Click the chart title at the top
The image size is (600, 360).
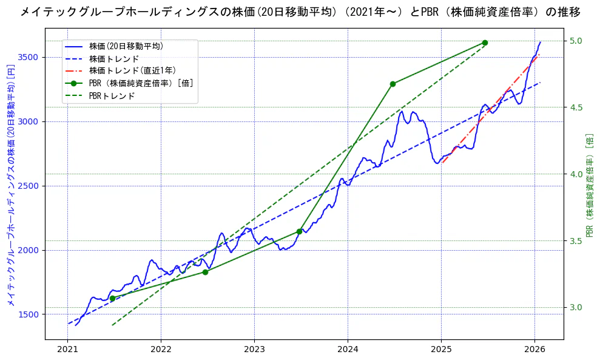pos(300,12)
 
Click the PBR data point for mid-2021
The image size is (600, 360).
pos(112,298)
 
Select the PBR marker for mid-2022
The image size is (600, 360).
pos(205,272)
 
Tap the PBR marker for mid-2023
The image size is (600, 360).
pos(299,231)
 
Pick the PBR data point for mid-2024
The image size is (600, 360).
pos(393,84)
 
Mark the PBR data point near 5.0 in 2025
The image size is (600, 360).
pos(485,42)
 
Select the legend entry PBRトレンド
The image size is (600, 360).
pos(112,96)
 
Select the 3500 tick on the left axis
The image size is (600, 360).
pos(28,57)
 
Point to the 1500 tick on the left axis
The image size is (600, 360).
pos(28,314)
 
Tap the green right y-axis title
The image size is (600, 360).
pos(589,185)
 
